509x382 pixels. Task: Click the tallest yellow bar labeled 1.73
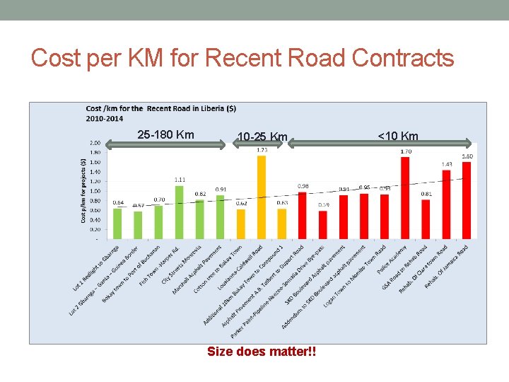click(262, 197)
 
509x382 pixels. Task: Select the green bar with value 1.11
click(180, 212)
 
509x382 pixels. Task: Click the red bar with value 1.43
click(446, 204)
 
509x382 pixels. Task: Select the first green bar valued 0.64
click(117, 224)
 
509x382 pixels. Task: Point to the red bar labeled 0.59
click(323, 225)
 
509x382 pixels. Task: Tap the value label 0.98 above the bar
click(303, 186)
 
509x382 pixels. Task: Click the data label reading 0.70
click(159, 200)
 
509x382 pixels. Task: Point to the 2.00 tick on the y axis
click(95, 143)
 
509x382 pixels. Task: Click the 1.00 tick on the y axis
click(95, 191)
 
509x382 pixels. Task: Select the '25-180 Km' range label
click(165, 135)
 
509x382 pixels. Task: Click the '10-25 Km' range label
click(262, 137)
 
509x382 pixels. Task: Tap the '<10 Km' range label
click(398, 137)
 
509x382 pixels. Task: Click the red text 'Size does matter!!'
click(262, 351)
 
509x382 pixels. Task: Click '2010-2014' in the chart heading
click(100, 117)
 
